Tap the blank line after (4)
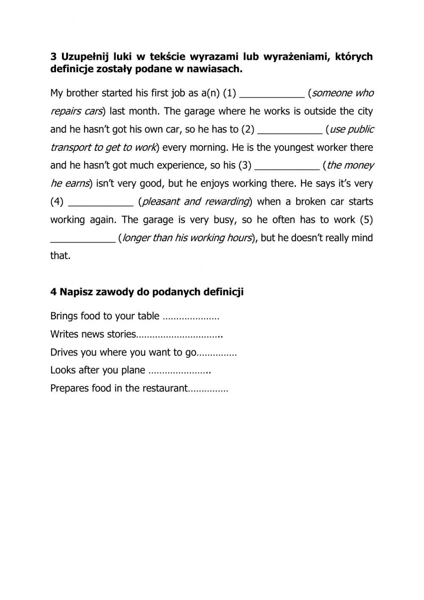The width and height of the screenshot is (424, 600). pyautogui.click(x=101, y=202)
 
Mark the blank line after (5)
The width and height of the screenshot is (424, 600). pyautogui.click(x=83, y=238)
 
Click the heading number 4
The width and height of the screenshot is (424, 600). pyautogui.click(x=53, y=292)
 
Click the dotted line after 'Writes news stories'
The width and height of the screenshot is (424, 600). pyautogui.click(x=179, y=335)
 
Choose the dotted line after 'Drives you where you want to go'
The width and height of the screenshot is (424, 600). pyautogui.click(x=217, y=353)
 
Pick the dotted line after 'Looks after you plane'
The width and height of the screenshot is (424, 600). pyautogui.click(x=180, y=371)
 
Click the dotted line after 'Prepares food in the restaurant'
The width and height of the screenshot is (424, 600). pyautogui.click(x=208, y=389)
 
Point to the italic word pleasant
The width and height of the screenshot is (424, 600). pyautogui.click(x=161, y=202)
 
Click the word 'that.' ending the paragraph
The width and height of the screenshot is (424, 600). pyautogui.click(x=60, y=256)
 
